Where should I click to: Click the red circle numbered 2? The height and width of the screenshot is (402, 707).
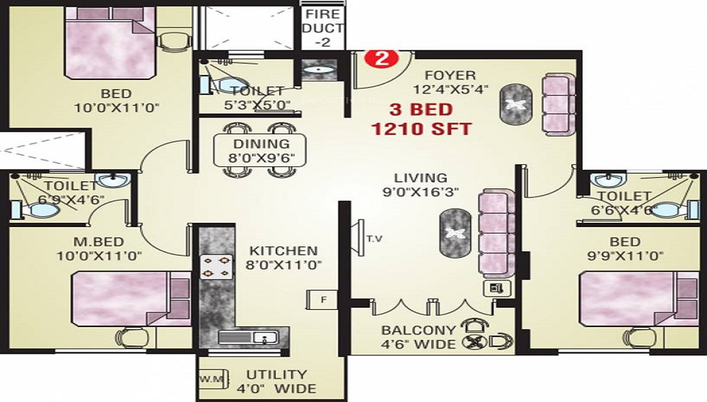click(x=382, y=59)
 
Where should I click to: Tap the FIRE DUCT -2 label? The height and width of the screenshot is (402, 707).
click(x=323, y=28)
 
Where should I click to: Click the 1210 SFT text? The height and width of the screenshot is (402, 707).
click(x=421, y=129)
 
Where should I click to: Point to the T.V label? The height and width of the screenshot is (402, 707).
click(x=374, y=239)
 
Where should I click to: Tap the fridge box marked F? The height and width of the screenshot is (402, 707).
click(x=322, y=299)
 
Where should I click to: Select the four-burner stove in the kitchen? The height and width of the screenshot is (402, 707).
click(x=216, y=267)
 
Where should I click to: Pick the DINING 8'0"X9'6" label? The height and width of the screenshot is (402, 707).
click(x=261, y=151)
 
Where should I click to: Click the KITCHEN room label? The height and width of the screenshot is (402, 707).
click(x=284, y=251)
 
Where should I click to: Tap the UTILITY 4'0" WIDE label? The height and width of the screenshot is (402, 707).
click(x=276, y=381)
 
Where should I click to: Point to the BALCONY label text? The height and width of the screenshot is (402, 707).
click(x=419, y=331)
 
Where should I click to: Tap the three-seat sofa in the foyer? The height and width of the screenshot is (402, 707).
click(x=559, y=104)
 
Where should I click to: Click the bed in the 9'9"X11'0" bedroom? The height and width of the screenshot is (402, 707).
click(x=639, y=298)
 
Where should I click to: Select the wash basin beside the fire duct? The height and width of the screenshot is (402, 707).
click(x=320, y=70)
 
